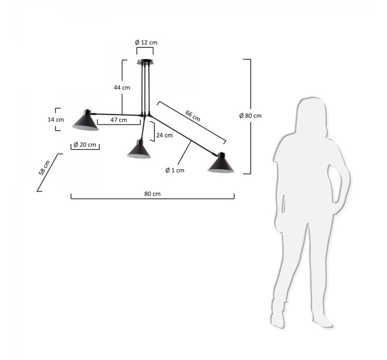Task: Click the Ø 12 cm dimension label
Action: (146, 42)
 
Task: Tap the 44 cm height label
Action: (122, 87)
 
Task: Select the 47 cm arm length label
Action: (118, 120)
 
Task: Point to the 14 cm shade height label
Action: (56, 120)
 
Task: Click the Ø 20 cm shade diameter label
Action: (85, 145)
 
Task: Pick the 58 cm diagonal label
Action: (44, 168)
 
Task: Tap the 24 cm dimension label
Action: (164, 135)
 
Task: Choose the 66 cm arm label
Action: (193, 116)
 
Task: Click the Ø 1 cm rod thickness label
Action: (175, 170)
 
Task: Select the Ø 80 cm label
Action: (251, 116)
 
